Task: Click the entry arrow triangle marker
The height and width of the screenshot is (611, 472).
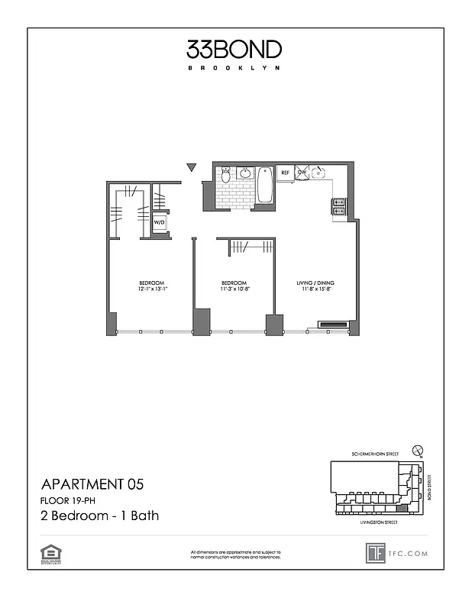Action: pos(192,167)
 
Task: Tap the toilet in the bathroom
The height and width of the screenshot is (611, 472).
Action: pos(225,176)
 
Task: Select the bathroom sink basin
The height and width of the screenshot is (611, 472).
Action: pos(246,173)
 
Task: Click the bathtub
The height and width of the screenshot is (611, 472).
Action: pos(265,185)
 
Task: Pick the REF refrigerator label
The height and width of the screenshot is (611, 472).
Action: pos(285,173)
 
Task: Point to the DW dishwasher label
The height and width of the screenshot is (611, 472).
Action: pos(302,173)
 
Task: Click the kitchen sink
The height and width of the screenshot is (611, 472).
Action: pos(318,173)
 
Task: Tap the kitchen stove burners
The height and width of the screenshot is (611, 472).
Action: pos(338,205)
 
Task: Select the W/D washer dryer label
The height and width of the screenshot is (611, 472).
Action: pos(160,223)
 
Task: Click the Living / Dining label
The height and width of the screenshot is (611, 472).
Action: pos(315,283)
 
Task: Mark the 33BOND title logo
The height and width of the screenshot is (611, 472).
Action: pos(234,50)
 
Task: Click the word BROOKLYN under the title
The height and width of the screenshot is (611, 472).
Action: pos(234,68)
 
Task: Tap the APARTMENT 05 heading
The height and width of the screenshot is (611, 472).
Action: pos(92,483)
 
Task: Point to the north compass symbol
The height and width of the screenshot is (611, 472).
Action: pos(416,451)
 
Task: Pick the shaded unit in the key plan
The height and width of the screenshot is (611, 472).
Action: pos(400,508)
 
